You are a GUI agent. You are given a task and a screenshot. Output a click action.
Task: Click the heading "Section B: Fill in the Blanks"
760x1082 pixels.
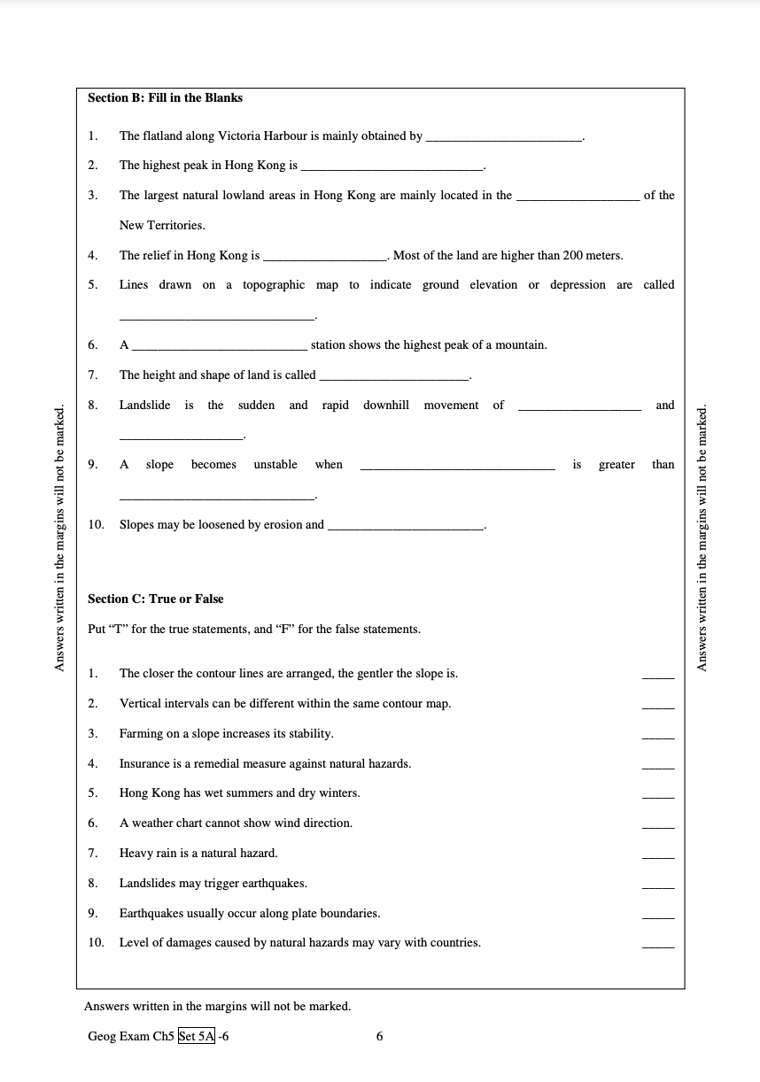pos(165,98)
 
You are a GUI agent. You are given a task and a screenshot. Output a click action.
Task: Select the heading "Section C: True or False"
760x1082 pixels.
pos(155,599)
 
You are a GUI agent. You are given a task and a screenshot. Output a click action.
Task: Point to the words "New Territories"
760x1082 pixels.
pos(162,226)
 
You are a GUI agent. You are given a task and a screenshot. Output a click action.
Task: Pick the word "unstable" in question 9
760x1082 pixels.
pos(275,465)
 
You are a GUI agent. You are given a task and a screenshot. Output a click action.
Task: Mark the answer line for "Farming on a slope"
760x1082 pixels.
pos(657,737)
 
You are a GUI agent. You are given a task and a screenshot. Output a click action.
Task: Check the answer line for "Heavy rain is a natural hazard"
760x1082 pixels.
pos(657,856)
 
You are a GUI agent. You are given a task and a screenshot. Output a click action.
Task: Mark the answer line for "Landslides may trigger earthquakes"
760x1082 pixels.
pos(657,886)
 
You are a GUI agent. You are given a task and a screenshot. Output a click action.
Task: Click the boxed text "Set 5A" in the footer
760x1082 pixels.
pos(197,1037)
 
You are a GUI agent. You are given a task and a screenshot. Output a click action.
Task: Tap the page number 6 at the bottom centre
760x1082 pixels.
pos(380,1037)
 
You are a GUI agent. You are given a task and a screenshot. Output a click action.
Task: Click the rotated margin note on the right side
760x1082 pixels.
pos(703,538)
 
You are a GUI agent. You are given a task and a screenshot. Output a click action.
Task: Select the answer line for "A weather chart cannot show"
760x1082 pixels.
pos(657,826)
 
